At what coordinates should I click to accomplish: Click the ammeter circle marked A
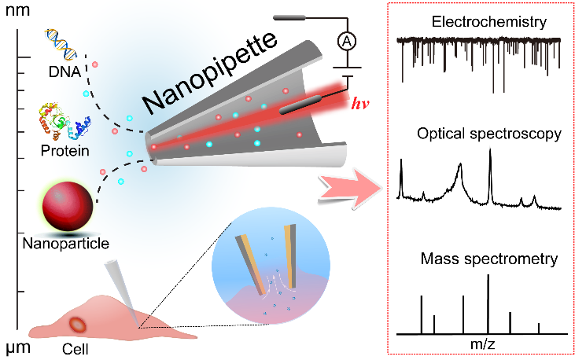tap(343, 42)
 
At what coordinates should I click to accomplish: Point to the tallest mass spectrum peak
tap(488, 303)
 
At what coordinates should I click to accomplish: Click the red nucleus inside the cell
tap(79, 324)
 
